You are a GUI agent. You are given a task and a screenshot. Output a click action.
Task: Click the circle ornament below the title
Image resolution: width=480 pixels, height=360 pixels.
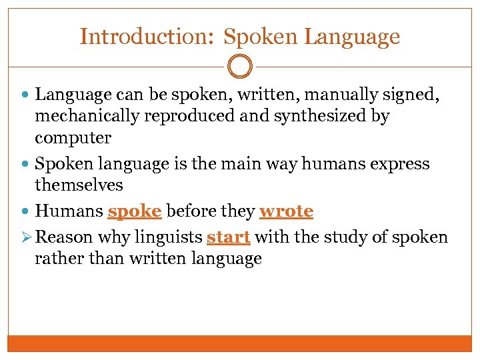click(x=240, y=67)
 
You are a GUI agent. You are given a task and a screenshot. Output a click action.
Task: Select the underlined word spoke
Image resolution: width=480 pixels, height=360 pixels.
click(x=134, y=211)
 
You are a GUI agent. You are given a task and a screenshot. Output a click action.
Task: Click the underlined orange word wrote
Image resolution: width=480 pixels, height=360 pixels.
click(x=286, y=211)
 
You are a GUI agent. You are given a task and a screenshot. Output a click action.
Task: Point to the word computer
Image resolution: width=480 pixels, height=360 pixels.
click(x=73, y=139)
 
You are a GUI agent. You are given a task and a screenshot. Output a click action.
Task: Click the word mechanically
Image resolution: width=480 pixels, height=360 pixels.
click(x=88, y=116)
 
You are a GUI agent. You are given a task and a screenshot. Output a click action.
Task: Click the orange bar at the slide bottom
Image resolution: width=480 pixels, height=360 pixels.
click(x=240, y=343)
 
